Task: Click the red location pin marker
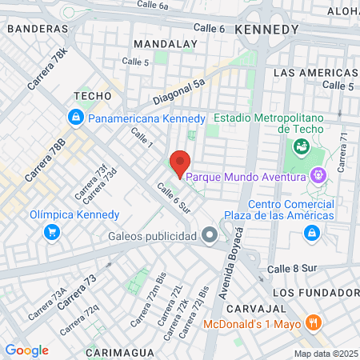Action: (180, 163)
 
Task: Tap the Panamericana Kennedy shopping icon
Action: (75, 118)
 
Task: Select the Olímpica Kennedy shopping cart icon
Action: (52, 232)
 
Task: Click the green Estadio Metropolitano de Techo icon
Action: (302, 146)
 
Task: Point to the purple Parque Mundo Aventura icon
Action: (318, 175)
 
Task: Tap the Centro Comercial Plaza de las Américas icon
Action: (310, 233)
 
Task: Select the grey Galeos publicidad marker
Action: (210, 235)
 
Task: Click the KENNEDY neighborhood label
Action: (266, 29)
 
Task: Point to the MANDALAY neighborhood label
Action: (166, 43)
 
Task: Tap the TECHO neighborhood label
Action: (91, 95)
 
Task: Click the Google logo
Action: (27, 350)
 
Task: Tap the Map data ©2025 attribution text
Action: (326, 354)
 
